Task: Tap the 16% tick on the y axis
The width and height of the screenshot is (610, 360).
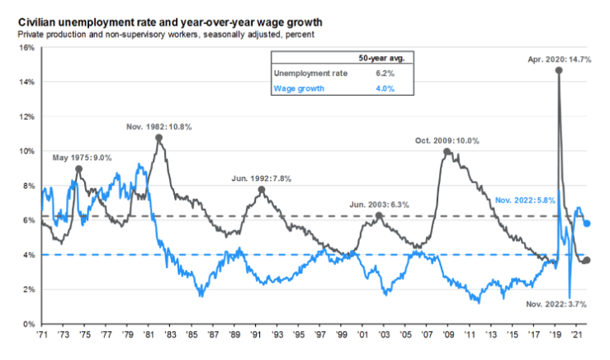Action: pos(26,48)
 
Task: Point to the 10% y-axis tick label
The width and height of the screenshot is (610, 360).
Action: pos(26,151)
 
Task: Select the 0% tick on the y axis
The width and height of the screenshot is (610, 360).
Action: pos(29,324)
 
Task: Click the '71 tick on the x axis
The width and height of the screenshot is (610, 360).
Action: pos(41,337)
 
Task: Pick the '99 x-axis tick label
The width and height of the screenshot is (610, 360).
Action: pos(341,337)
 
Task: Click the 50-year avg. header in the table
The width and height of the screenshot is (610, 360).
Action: pos(385,59)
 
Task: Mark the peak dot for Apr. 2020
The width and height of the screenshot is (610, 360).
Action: pos(560,71)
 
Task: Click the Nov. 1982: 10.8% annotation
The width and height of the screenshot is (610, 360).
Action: pos(159,126)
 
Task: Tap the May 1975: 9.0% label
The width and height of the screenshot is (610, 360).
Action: pos(82,157)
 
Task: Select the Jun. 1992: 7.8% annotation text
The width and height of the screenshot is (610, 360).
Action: pos(261,178)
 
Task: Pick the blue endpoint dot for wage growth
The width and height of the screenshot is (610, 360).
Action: pos(587,223)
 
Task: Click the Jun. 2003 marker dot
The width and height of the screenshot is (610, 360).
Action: pos(379,216)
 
